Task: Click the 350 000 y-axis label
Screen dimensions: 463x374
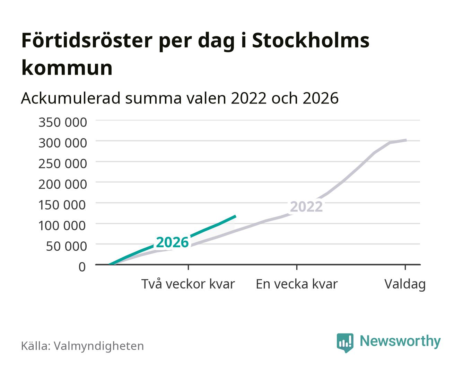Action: coord(63,122)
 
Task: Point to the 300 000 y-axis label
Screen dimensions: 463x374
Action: coord(63,143)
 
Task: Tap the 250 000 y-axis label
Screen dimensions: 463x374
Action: coord(63,163)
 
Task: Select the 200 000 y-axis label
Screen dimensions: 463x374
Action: coord(63,184)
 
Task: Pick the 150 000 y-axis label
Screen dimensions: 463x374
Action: coord(62,205)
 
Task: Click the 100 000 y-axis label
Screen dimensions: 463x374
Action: coord(62,225)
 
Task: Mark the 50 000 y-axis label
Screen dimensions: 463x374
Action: coord(66,246)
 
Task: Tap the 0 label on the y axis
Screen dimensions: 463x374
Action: coord(82,267)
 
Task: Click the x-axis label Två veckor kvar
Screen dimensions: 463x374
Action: coord(188,284)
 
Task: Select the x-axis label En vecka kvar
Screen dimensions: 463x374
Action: coord(297,284)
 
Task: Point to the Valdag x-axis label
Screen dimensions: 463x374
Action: coord(405,284)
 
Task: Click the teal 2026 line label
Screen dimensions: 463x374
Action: coord(172,242)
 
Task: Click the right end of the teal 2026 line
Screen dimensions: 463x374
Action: coord(236,216)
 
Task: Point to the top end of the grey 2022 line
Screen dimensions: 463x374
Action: coord(406,140)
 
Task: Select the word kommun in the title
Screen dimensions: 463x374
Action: coord(67,68)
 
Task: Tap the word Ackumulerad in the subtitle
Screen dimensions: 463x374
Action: coord(70,98)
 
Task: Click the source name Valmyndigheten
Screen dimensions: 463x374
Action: coord(99,346)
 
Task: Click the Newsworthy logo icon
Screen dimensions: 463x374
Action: coord(345,343)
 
